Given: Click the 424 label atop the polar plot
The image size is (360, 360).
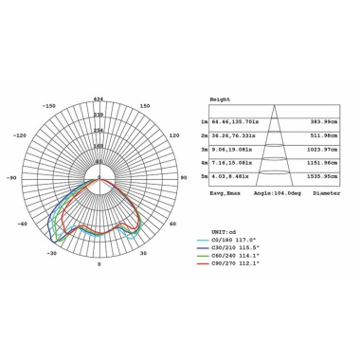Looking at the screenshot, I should pos(99,98).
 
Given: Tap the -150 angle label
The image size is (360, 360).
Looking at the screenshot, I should pos(51,106).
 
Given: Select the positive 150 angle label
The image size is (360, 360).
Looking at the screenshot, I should pos(144,106).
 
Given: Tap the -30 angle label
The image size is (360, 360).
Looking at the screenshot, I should pos(53,254).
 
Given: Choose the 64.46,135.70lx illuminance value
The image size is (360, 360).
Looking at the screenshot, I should pos(236,122).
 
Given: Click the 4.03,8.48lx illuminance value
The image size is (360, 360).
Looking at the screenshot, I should pos(232,176).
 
